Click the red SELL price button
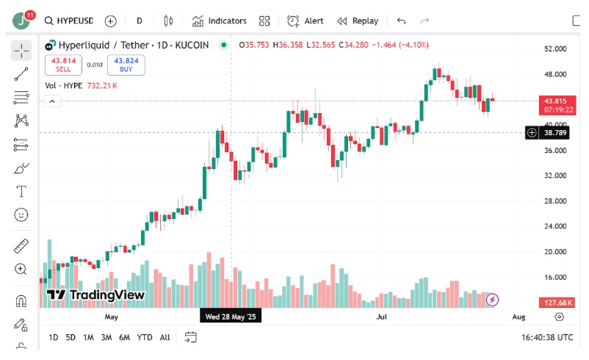click(63, 65)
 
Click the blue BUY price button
click(126, 65)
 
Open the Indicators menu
click(220, 21)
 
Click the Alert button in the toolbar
click(306, 21)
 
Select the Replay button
click(358, 21)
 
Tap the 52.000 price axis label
click(555, 49)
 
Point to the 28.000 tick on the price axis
click(555, 201)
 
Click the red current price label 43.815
click(558, 101)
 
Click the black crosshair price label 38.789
click(556, 133)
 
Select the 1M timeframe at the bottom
click(88, 337)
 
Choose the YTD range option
click(145, 337)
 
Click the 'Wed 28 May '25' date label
click(231, 317)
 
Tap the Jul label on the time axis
click(381, 317)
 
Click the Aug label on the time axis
click(518, 317)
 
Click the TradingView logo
click(95, 295)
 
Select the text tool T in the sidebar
click(21, 192)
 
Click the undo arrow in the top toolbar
click(401, 21)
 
